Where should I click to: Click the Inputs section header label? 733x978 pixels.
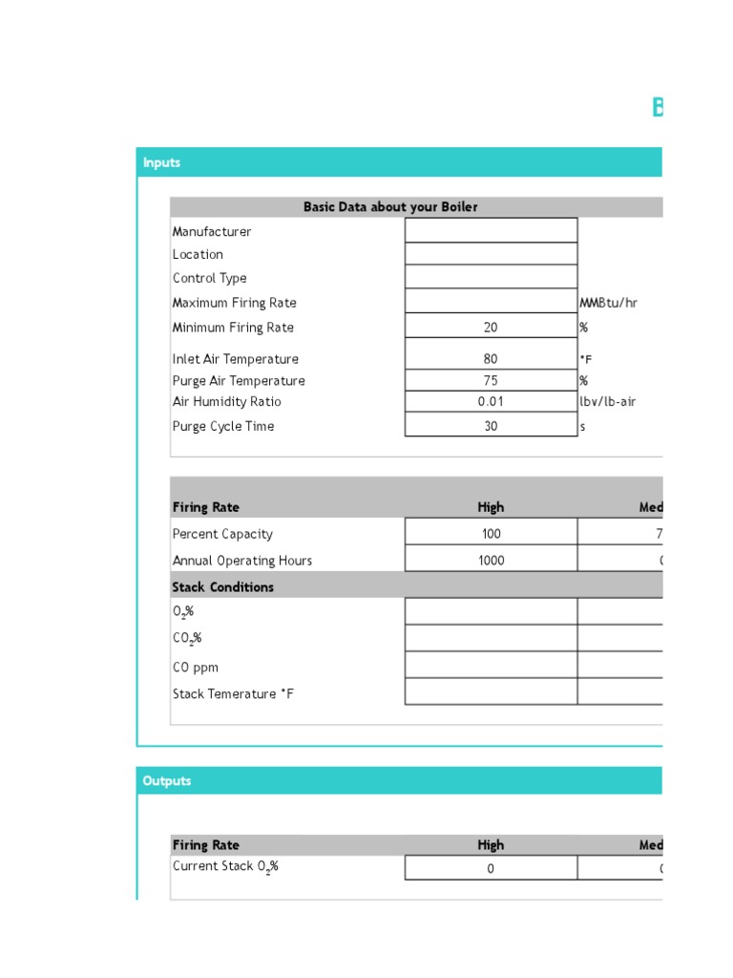[x=161, y=162]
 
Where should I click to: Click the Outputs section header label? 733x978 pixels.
[x=167, y=780]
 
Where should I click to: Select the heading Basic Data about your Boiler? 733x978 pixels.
[x=390, y=207]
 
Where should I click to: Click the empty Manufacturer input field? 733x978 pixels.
[x=491, y=230]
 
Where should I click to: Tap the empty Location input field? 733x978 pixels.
[x=491, y=254]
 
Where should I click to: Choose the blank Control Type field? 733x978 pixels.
[x=491, y=277]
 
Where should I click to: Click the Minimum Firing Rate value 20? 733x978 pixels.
[x=491, y=327]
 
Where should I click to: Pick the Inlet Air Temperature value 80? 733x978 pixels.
[x=491, y=359]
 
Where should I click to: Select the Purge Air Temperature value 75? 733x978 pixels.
[x=491, y=380]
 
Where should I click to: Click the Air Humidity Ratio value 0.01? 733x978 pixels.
[x=491, y=401]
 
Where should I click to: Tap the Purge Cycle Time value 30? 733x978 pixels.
[x=491, y=426]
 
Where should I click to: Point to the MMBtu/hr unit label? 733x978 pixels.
[x=608, y=303]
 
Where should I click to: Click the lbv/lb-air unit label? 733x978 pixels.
[x=607, y=401]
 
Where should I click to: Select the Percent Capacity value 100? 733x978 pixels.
[x=491, y=534]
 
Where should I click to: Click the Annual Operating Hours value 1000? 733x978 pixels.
[x=491, y=561]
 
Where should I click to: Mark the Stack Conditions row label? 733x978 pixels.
[x=222, y=586]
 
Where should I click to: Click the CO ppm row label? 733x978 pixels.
[x=195, y=667]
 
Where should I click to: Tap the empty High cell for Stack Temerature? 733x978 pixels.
[x=491, y=692]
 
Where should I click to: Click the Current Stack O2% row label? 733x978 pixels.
[x=225, y=866]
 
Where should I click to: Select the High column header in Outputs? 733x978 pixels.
[x=491, y=844]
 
